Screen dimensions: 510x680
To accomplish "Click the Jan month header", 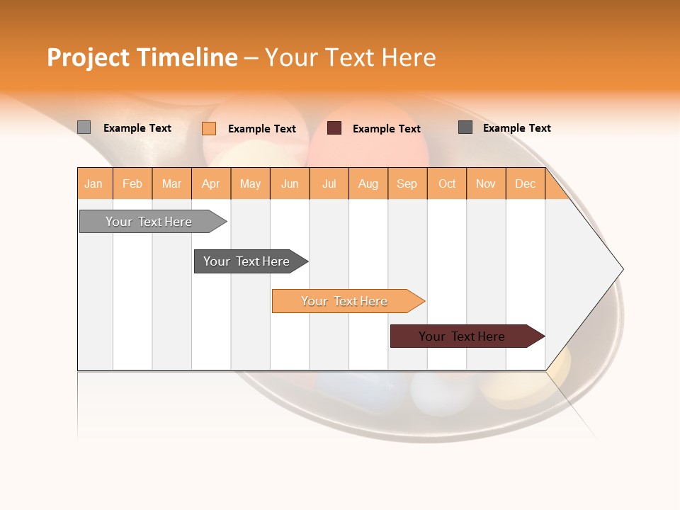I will pyautogui.click(x=94, y=183).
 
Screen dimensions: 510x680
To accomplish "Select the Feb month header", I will pyautogui.click(x=132, y=183).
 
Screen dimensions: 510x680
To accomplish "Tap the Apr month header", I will pyautogui.click(x=210, y=183).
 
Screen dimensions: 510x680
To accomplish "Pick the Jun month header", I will pyautogui.click(x=290, y=183).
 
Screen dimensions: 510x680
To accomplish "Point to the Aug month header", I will pyautogui.click(x=368, y=183).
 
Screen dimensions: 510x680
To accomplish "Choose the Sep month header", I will pyautogui.click(x=407, y=183).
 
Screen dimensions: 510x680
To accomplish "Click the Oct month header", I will pyautogui.click(x=447, y=183).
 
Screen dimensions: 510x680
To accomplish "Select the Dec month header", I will pyautogui.click(x=525, y=183).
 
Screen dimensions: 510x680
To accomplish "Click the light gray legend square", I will pyautogui.click(x=84, y=127).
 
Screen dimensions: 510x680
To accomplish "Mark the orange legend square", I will pyautogui.click(x=209, y=128).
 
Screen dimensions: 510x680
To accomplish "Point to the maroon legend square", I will pyautogui.click(x=334, y=128).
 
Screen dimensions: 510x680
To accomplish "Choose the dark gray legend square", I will pyautogui.click(x=465, y=127).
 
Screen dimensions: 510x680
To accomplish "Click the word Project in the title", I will pyautogui.click(x=89, y=57).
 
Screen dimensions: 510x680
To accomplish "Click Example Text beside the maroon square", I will pyautogui.click(x=386, y=129).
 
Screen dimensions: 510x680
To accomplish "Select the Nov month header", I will pyautogui.click(x=486, y=183).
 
